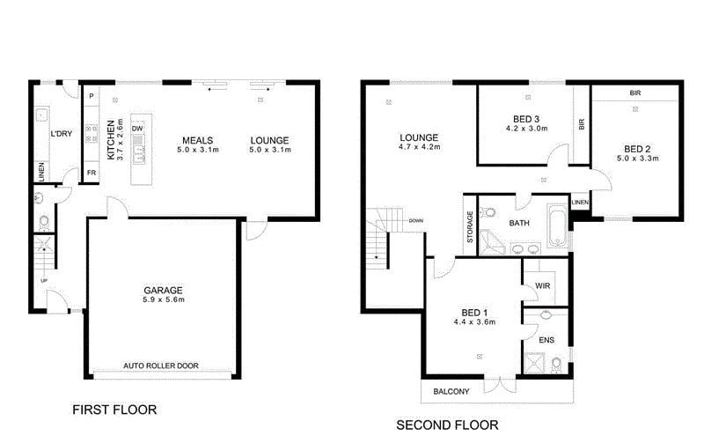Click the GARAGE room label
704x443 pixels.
pos(163,291)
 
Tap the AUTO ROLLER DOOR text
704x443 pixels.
pos(161,365)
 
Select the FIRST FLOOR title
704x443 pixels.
pos(114,410)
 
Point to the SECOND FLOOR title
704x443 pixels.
pos(447,425)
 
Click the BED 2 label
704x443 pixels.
pos(637,149)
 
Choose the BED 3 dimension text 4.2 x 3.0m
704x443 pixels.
pos(526,129)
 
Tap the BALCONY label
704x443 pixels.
pos(451,392)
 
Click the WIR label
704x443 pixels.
pos(542,285)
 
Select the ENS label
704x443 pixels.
pos(546,340)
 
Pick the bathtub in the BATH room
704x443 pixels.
pos(557,225)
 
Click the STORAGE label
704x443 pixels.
pos(470,227)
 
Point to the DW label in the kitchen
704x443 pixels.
pos(137,129)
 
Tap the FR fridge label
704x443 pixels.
pos(92,173)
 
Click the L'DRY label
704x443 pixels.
pos(61,134)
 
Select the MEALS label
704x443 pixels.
pos(197,140)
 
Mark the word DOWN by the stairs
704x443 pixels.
pos(415,220)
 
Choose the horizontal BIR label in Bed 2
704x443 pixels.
pos(635,93)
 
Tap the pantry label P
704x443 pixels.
pos(92,96)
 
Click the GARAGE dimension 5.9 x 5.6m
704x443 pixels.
pos(164,299)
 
